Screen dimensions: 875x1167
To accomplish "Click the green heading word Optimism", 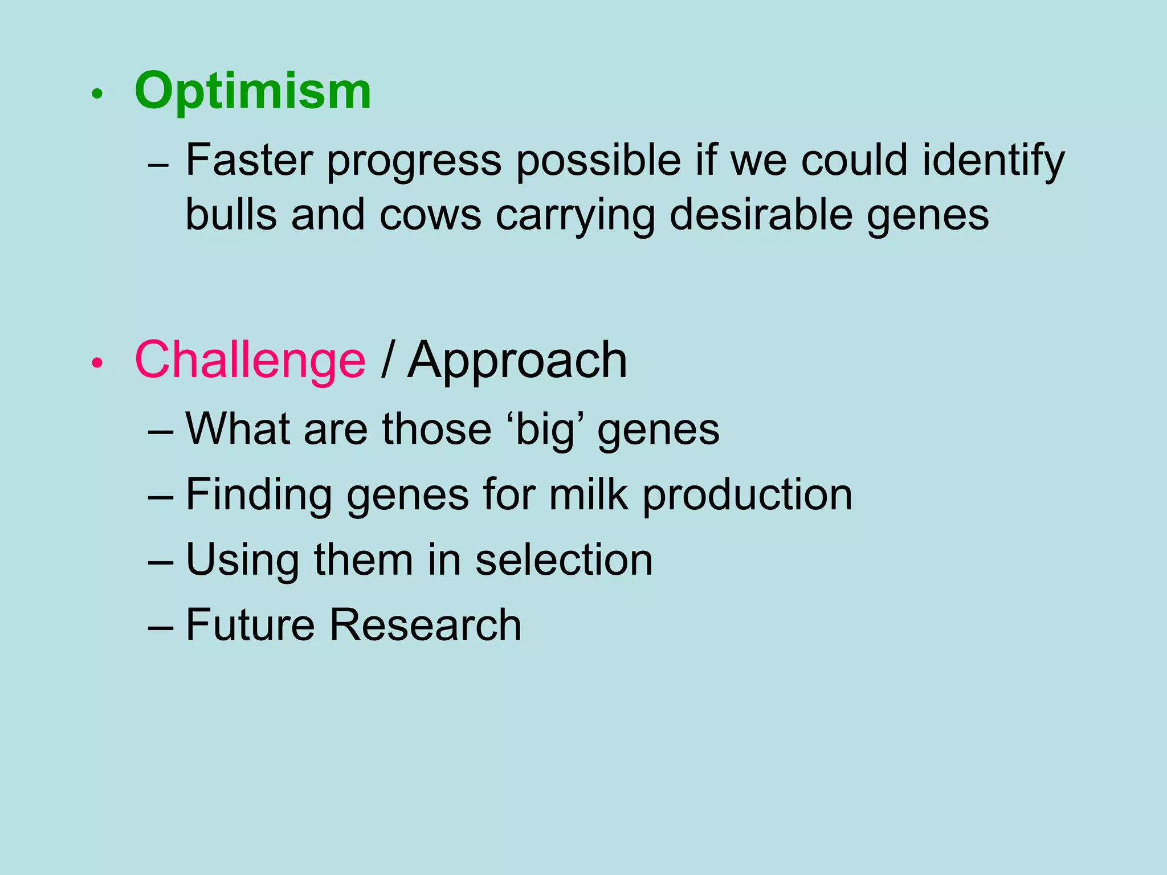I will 252,92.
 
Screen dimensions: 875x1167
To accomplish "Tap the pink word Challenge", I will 250,360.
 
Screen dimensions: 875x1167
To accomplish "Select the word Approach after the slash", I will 517,361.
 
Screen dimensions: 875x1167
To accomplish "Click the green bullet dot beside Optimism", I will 97,95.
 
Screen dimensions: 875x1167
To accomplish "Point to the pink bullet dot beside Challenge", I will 97,363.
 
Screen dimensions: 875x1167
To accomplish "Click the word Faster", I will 249,160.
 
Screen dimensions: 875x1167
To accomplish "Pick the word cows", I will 430,215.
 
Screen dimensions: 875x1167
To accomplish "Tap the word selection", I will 564,559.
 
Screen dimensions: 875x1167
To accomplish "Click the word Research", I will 425,625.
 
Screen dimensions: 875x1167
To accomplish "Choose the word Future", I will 250,625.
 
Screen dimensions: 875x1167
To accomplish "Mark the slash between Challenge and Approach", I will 387,360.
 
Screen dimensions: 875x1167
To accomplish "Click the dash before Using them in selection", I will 160,562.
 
